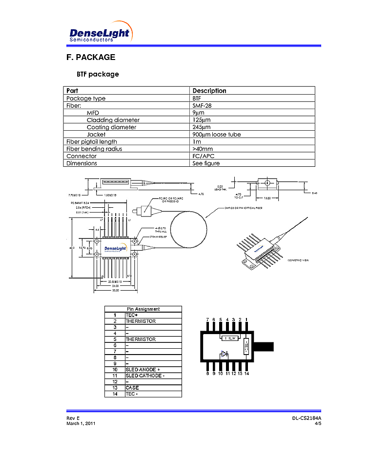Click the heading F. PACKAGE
pyautogui.click(x=91, y=57)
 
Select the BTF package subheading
pyautogui.click(x=98, y=75)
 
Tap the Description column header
pyautogui.click(x=209, y=91)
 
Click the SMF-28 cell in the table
pyautogui.click(x=202, y=105)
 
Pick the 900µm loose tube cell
pyautogui.click(x=217, y=135)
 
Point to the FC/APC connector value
pyautogui.click(x=204, y=156)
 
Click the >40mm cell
pyautogui.click(x=203, y=149)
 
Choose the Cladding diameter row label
pyautogui.click(x=113, y=120)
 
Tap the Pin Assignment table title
pyautogui.click(x=143, y=309)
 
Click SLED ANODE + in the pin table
pyautogui.click(x=143, y=370)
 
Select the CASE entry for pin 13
pyautogui.click(x=132, y=388)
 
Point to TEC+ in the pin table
pyautogui.click(x=131, y=315)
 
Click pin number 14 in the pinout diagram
pyautogui.click(x=247, y=374)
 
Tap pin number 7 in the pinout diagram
pyautogui.click(x=207, y=320)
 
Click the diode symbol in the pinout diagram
pyautogui.click(x=224, y=354)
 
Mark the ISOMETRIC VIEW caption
pyautogui.click(x=298, y=260)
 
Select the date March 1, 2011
pyautogui.click(x=81, y=423)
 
